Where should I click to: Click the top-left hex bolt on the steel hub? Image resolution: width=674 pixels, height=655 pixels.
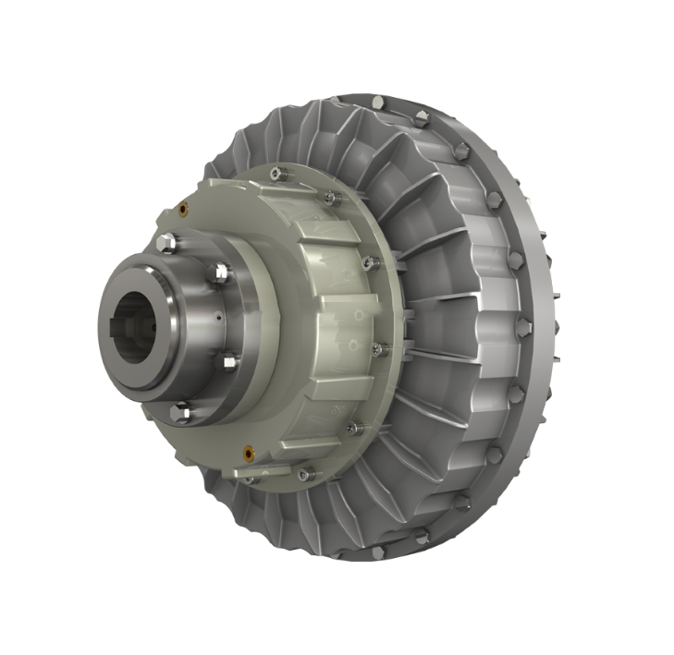pyautogui.click(x=165, y=243)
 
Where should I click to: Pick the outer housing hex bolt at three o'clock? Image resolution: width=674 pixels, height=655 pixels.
pyautogui.click(x=523, y=325)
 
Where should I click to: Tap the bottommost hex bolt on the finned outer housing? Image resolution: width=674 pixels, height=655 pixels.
pyautogui.click(x=377, y=552)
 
